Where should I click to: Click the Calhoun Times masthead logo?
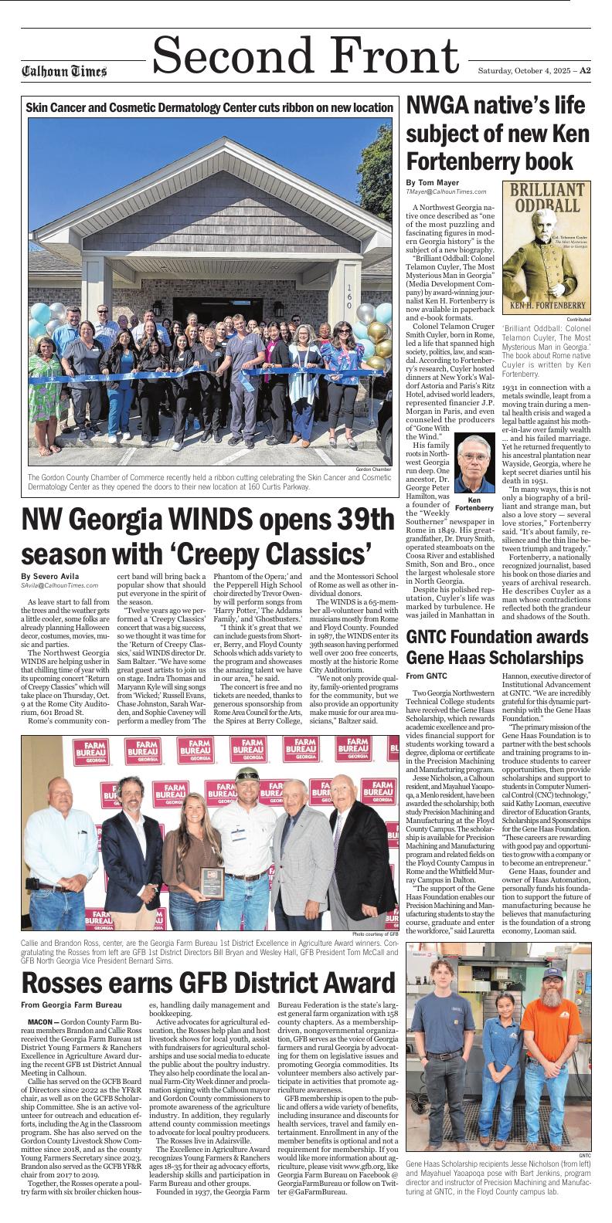coord(64,72)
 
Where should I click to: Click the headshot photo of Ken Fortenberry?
coord(474,462)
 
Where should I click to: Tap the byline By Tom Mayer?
coord(432,182)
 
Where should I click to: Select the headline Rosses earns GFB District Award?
coord(209,983)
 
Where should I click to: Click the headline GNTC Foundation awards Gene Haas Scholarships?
coord(495,647)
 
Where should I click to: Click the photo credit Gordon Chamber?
coord(374,469)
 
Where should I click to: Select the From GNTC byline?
coord(426,676)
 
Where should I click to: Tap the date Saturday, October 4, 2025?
coord(522,70)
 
